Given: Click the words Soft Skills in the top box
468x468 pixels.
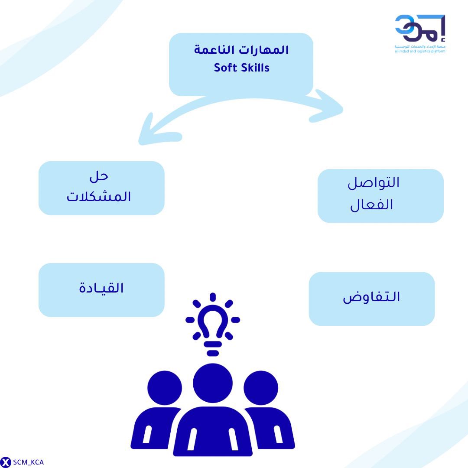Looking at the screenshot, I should [241, 68].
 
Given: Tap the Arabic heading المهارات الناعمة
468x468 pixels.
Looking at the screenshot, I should [241, 50].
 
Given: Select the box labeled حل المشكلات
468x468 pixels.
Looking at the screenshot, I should [101, 188].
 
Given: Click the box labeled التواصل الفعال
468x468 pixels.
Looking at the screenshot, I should [380, 196].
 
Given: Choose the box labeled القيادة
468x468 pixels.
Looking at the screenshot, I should [101, 289].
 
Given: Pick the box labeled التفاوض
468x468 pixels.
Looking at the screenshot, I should [371, 299].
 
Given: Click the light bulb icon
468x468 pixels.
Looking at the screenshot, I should [212, 323].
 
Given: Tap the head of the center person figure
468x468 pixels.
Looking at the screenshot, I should [212, 383].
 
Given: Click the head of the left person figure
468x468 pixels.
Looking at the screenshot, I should [165, 388].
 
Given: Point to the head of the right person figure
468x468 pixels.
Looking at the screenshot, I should [260, 388].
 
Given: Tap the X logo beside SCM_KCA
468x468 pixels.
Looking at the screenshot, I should [6, 462].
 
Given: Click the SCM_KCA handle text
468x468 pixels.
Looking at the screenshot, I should [29, 462].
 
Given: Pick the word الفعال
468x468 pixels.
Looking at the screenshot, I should [372, 205].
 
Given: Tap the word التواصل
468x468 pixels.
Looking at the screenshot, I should [374, 182].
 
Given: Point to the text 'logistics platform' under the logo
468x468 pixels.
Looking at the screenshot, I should [429, 51].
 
